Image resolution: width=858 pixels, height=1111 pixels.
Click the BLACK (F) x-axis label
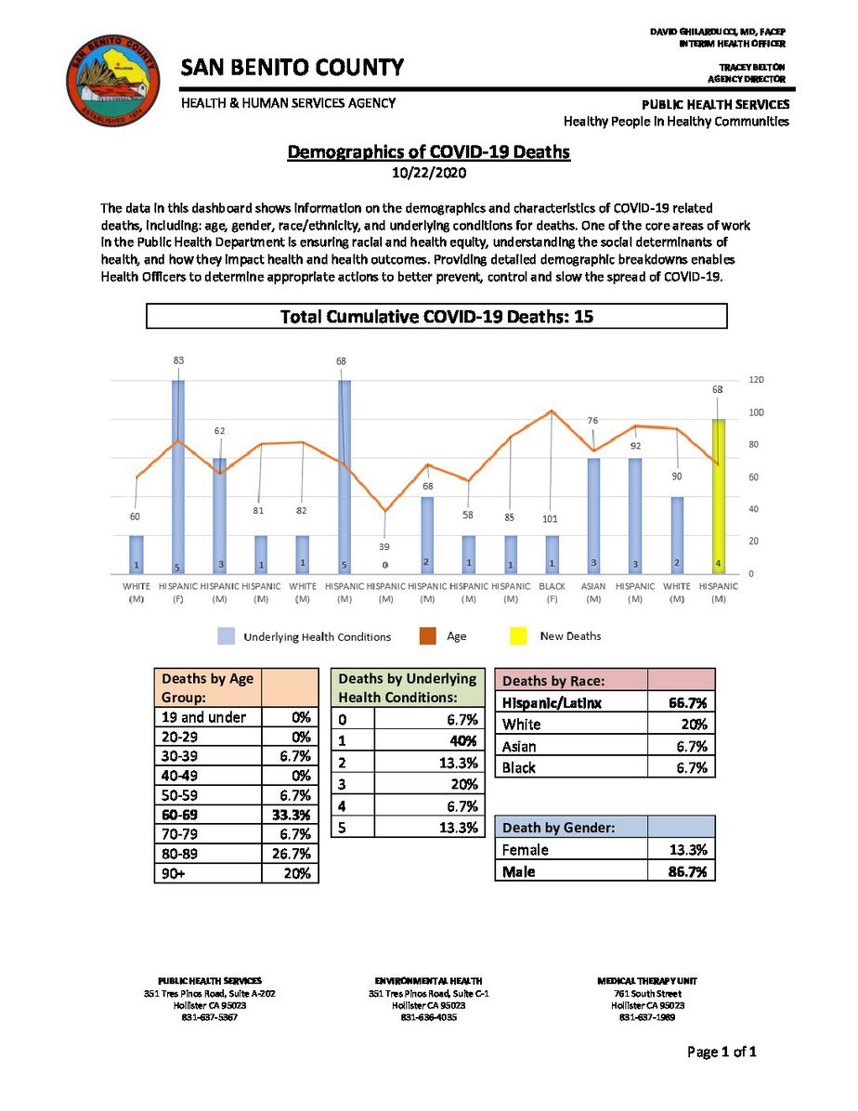pos(552,593)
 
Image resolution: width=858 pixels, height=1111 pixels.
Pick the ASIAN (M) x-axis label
pos(593,593)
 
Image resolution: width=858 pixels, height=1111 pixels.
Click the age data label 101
pos(551,518)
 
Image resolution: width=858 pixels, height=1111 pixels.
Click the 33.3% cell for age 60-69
pos(290,815)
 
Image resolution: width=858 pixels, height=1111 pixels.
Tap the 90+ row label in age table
pos(174,873)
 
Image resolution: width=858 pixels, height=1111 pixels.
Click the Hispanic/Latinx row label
pos(552,703)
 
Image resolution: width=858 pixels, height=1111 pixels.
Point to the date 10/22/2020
pos(428,172)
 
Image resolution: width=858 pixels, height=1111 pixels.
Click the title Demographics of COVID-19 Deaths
pos(428,151)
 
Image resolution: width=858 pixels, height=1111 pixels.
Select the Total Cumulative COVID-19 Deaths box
pos(436,317)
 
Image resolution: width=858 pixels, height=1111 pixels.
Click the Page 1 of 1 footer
pos(722,1052)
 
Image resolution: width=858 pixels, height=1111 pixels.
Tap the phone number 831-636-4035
pos(428,1016)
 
